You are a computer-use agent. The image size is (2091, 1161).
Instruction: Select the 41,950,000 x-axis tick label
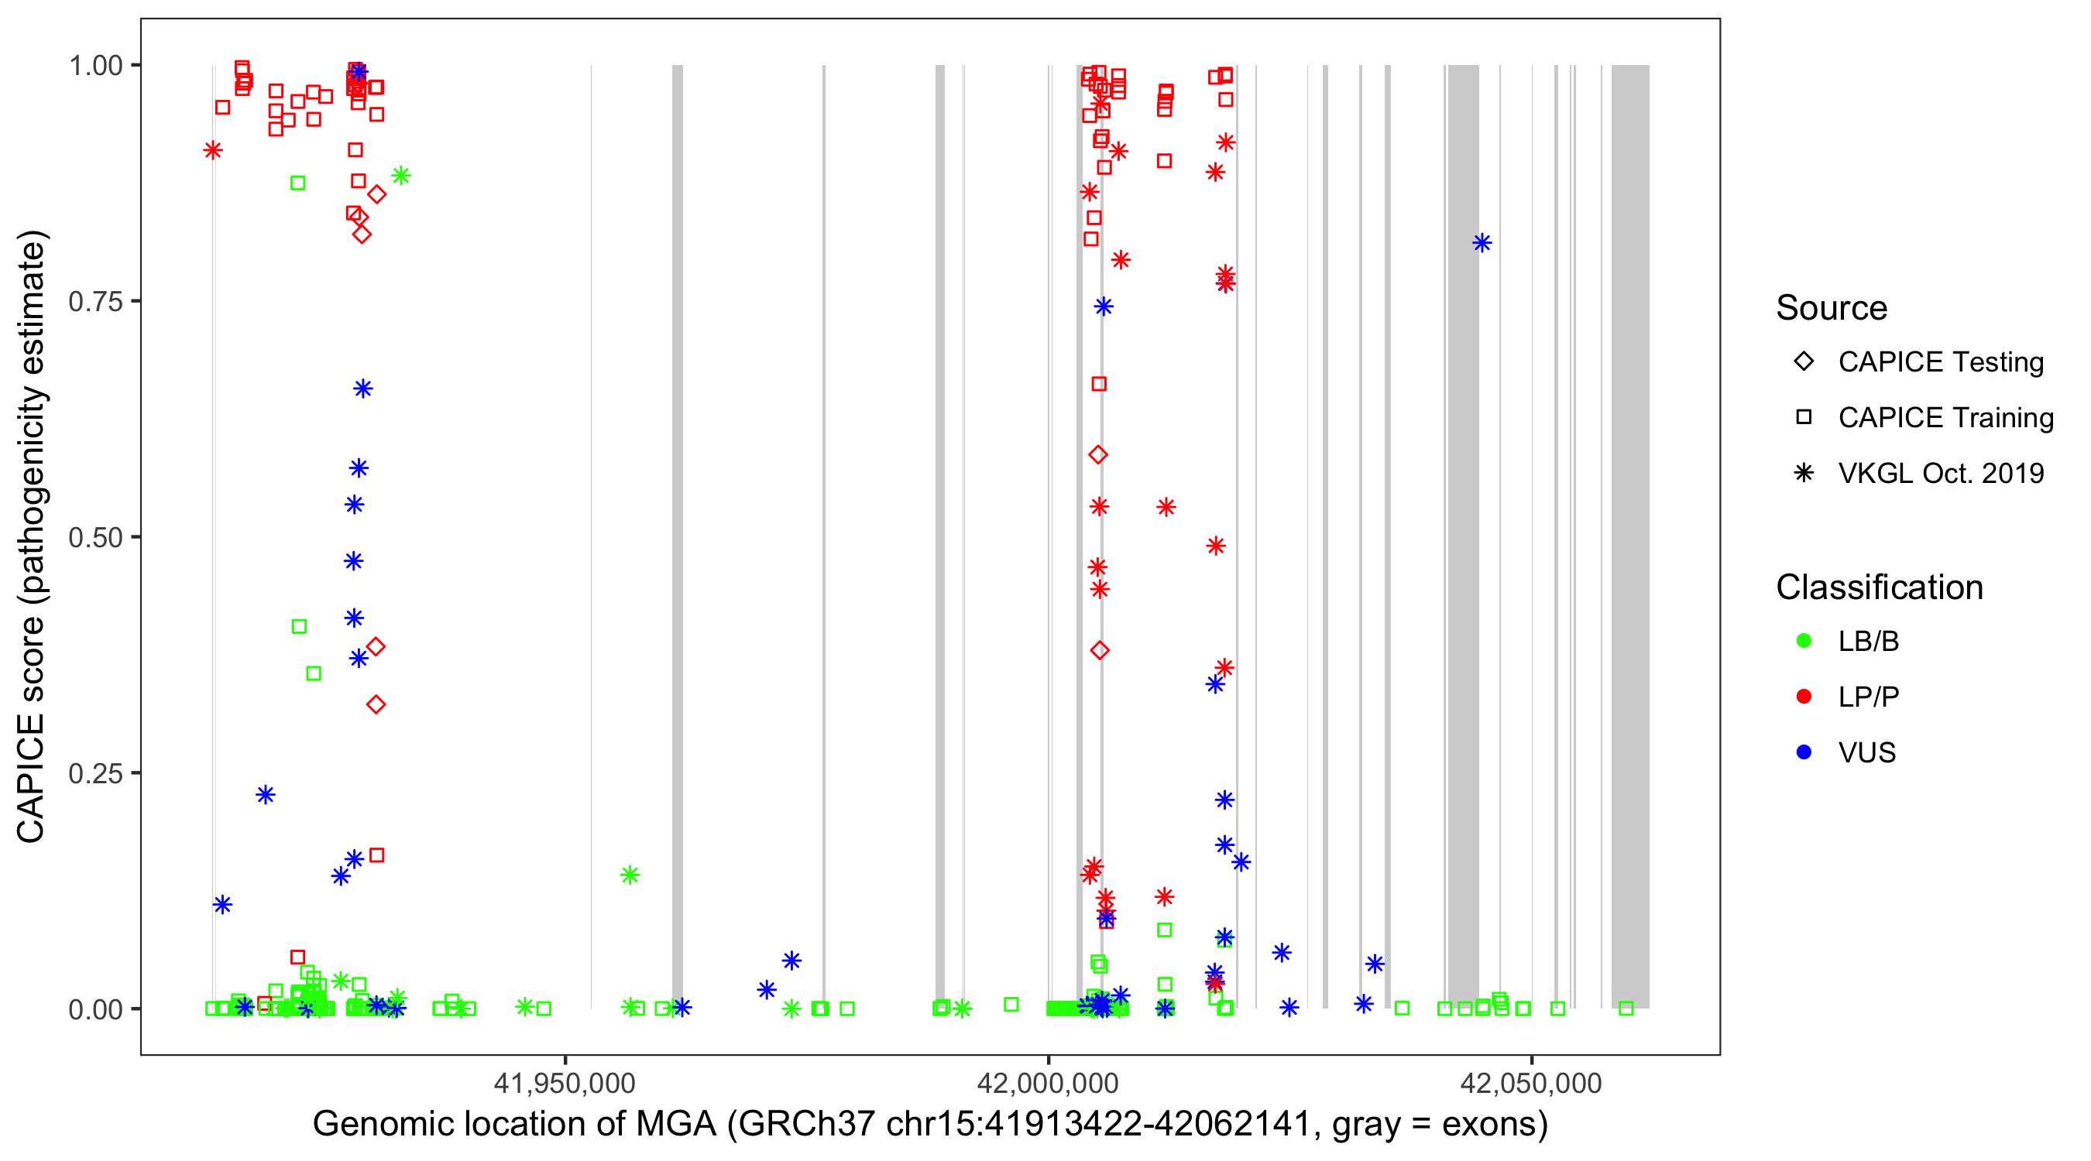coord(565,1082)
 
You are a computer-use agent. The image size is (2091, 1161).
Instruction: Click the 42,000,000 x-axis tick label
coord(1048,1082)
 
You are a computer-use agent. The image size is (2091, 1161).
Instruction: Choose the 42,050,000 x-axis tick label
coord(1531,1082)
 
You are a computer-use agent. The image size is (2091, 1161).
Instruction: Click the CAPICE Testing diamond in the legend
coord(1804,361)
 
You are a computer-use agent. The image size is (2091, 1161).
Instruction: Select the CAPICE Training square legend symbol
coord(1804,417)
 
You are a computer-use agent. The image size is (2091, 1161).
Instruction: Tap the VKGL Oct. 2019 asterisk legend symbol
coord(1804,473)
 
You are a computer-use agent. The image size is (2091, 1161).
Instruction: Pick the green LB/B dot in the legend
coord(1804,641)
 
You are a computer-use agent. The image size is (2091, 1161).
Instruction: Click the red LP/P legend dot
coord(1804,697)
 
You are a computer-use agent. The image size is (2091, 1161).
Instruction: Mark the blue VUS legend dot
coord(1804,752)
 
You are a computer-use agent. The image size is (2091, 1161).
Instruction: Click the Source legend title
coord(1832,308)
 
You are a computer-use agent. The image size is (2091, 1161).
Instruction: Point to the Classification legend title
coord(1879,587)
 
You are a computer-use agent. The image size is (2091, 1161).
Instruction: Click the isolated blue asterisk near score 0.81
coord(1482,242)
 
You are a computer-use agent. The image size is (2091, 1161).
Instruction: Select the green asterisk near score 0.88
coord(400,175)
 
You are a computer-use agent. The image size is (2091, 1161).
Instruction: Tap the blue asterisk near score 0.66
coord(363,389)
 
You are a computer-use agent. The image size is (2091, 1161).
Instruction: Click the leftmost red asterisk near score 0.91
coord(213,150)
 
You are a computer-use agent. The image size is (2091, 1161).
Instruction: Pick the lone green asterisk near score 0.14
coord(630,875)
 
